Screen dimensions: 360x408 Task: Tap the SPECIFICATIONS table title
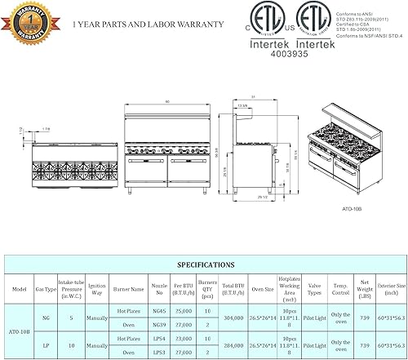coord(203,265)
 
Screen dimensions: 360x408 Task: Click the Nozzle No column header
coord(160,288)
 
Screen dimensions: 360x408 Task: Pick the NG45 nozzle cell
coord(160,311)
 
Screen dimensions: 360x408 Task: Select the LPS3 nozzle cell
coord(160,353)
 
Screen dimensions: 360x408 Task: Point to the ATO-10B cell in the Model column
coord(17,331)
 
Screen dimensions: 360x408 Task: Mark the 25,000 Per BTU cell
coord(184,311)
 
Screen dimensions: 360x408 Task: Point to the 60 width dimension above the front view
coord(166,101)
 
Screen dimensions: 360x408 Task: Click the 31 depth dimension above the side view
coord(255,97)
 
